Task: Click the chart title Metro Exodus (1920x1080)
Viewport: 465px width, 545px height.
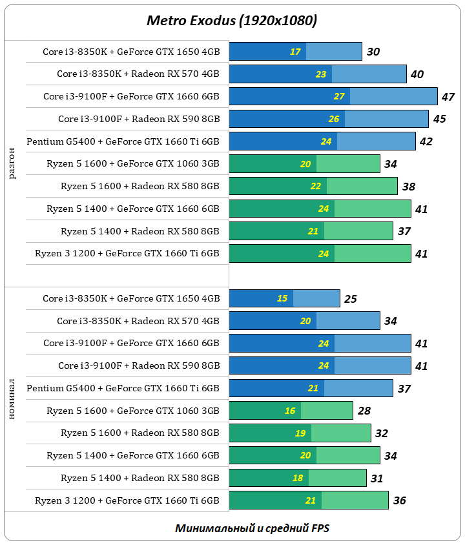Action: [232, 21]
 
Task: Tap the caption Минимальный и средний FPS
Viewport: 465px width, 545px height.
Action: [252, 528]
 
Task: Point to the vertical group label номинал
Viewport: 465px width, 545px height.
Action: [13, 402]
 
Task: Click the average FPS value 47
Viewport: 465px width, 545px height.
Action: [448, 97]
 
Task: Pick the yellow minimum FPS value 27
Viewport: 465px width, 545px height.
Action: [339, 97]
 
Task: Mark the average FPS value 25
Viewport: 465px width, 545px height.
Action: [350, 299]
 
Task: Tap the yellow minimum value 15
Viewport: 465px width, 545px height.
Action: [282, 299]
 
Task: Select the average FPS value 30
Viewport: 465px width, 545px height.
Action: [373, 52]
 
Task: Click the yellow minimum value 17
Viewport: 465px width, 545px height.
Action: [295, 52]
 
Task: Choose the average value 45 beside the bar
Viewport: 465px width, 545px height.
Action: [439, 119]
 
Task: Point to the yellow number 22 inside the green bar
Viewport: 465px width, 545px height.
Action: [316, 187]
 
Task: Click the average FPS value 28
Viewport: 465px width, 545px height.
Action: [364, 411]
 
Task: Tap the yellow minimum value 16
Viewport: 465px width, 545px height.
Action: [290, 411]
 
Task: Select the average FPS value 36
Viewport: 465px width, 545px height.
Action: [399, 500]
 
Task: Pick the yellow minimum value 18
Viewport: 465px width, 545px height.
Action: [298, 478]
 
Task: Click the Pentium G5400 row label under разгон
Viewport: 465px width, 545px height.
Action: [123, 141]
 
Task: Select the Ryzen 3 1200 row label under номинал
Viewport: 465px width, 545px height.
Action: [127, 500]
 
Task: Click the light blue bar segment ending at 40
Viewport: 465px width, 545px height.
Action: [369, 74]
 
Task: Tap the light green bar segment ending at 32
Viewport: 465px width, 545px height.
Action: [341, 433]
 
